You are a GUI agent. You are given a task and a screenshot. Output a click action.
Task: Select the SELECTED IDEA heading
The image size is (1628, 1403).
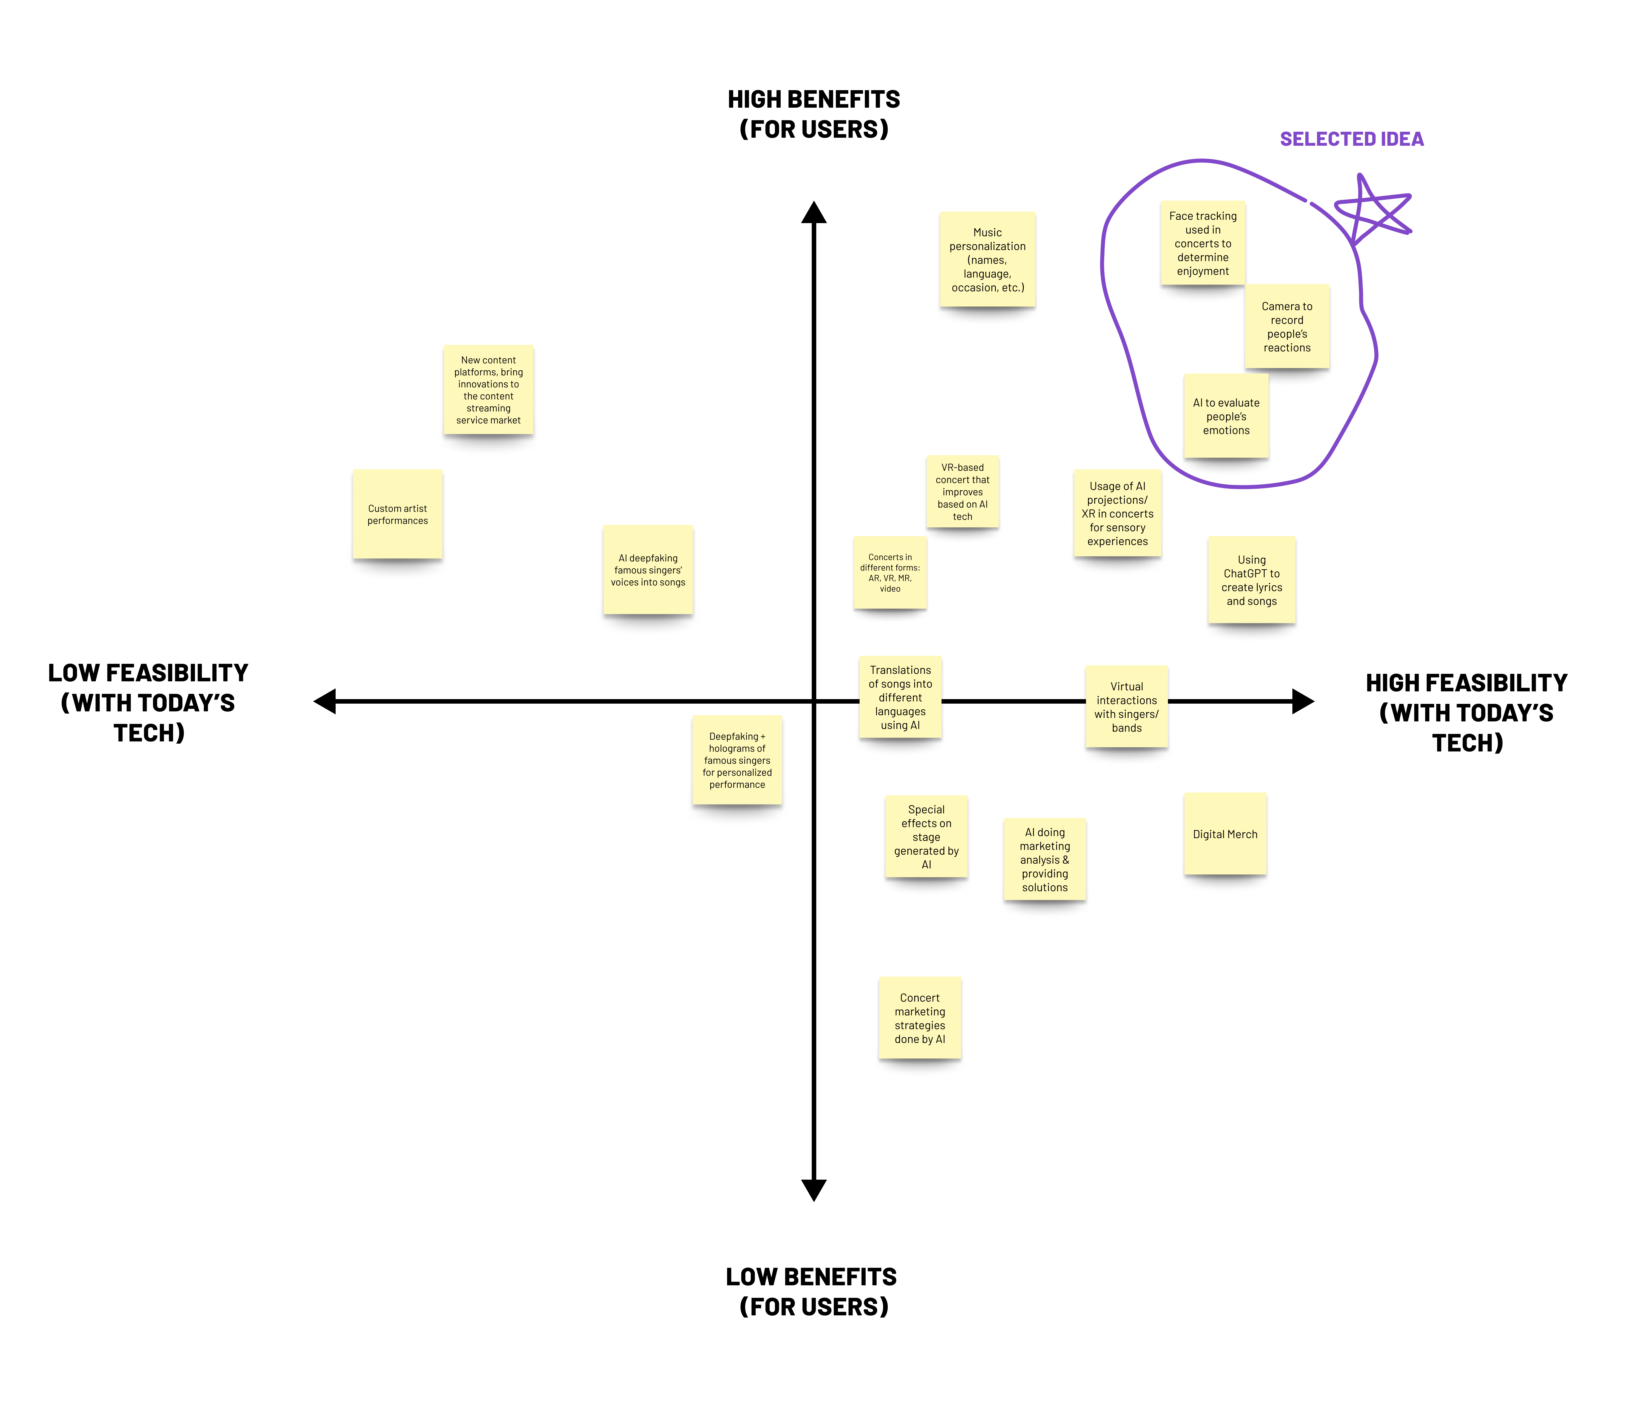[x=1351, y=139]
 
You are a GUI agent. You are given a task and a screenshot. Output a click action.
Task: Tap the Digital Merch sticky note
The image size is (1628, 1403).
[x=1225, y=834]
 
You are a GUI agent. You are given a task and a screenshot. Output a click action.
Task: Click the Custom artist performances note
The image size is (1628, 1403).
[x=397, y=515]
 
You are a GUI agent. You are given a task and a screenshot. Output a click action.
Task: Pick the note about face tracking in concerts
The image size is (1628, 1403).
[x=1202, y=244]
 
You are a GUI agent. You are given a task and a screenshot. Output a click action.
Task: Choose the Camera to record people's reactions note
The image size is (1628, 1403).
[x=1287, y=327]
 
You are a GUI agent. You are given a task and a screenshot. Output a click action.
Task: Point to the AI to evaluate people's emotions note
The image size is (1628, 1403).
[x=1226, y=416]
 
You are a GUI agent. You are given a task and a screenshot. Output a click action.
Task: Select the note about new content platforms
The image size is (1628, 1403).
[x=488, y=390]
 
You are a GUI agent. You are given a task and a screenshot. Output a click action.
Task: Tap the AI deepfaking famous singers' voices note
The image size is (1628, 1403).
[x=648, y=570]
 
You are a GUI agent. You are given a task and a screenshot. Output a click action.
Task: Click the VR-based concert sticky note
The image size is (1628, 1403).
[x=963, y=492]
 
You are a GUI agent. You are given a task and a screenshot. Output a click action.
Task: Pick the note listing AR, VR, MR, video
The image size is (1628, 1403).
[x=890, y=573]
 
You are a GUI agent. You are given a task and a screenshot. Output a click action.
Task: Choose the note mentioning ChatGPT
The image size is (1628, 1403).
[x=1252, y=580]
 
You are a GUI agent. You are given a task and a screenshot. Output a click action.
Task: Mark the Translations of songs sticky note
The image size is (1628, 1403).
[x=900, y=698]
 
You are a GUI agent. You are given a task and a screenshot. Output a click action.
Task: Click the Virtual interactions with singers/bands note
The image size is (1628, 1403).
[x=1127, y=707]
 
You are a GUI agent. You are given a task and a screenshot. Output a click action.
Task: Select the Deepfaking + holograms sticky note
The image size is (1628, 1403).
[x=737, y=760]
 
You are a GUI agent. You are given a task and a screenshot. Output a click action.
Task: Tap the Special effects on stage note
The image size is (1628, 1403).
[x=926, y=837]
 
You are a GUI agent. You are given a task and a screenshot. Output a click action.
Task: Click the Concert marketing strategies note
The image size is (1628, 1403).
[x=920, y=1018]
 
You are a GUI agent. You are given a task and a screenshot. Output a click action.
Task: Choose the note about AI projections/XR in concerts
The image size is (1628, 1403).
[x=1117, y=514]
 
